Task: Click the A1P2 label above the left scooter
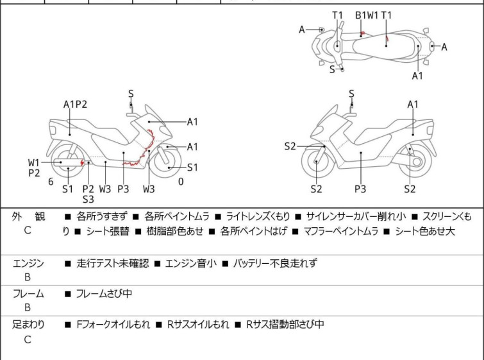point(75,105)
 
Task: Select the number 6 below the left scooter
point(51,182)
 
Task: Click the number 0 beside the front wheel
point(181,182)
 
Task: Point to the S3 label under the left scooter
point(88,199)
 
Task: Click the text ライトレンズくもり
point(258,217)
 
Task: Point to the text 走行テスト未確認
point(112,263)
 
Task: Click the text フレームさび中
point(104,294)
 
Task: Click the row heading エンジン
point(28,263)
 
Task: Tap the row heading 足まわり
point(28,325)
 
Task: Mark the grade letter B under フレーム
point(28,308)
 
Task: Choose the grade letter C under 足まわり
point(28,339)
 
